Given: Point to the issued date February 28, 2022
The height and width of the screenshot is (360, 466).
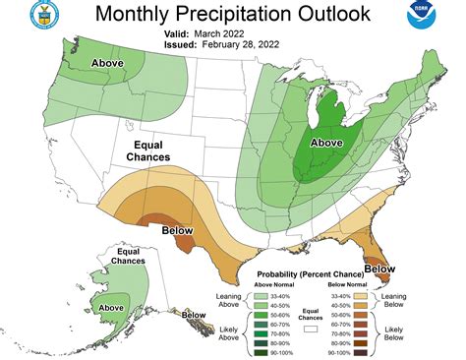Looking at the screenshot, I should coord(253,44).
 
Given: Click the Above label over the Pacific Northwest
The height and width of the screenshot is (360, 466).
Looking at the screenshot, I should coord(108,63).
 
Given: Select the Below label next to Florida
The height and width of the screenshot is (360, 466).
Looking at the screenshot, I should coord(379,267).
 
